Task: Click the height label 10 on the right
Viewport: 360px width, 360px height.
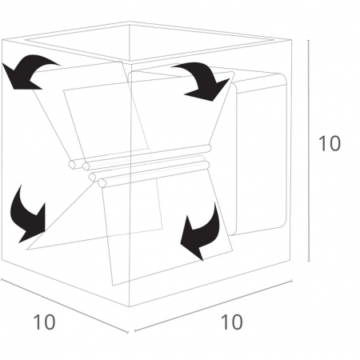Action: pos(330,143)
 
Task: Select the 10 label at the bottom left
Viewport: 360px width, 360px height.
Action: pos(44,322)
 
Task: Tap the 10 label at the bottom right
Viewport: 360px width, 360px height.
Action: pos(232,322)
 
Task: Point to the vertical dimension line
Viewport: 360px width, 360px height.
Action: pos(309,150)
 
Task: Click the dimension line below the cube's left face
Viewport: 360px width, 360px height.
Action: pos(65,306)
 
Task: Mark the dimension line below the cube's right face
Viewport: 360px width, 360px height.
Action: pos(213,306)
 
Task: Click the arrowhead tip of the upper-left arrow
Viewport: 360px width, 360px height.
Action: pos(2,63)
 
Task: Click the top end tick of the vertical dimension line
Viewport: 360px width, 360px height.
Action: pos(309,40)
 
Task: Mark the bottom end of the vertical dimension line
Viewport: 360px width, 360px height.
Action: pos(309,262)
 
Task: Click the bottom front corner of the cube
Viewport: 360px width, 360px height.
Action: pos(130,307)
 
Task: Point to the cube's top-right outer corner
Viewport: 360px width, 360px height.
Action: pos(291,40)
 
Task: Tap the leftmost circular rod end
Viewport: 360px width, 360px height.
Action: pos(73,165)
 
